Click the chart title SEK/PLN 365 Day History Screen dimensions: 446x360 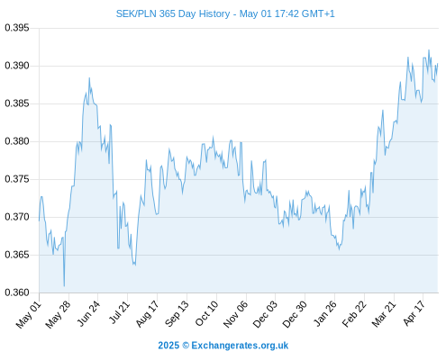point(173,13)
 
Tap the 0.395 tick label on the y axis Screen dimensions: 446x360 point(17,28)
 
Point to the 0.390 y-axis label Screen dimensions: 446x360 point(17,66)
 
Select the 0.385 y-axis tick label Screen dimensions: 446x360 point(17,103)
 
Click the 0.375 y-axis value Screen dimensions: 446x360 point(17,179)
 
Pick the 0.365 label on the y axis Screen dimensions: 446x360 point(17,255)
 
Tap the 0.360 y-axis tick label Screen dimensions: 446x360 point(17,292)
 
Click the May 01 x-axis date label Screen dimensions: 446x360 point(29,314)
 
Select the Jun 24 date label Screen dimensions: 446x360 point(88,313)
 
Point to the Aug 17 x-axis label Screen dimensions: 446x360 point(148,314)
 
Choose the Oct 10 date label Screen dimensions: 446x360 point(206,313)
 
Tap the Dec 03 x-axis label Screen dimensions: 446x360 point(265,314)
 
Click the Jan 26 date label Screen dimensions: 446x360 point(325,313)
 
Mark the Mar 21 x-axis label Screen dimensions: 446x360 point(384,314)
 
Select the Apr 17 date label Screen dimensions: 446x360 point(414,313)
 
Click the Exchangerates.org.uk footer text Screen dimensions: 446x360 point(240,346)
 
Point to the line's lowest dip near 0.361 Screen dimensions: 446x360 point(64,286)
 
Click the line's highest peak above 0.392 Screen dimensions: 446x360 point(429,50)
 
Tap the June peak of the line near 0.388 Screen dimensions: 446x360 point(89,78)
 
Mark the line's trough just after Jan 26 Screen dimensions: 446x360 point(340,249)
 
